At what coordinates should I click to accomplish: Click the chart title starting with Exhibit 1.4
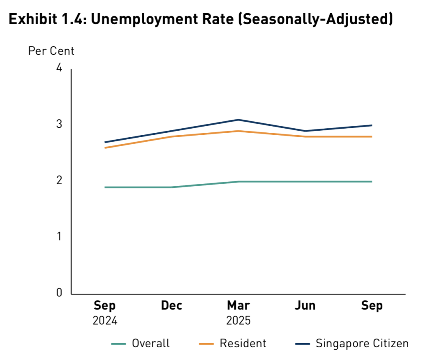(201, 20)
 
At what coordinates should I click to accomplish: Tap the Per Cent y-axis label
(51, 51)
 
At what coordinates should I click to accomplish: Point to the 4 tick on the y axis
(59, 68)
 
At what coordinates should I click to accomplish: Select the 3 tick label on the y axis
(59, 124)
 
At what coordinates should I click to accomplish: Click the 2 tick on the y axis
(59, 180)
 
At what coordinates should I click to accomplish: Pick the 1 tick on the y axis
(59, 237)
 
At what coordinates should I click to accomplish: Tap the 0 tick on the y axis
(59, 293)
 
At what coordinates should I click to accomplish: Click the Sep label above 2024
(105, 306)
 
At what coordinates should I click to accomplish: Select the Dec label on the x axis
(171, 306)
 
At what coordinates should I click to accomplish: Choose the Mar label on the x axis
(238, 306)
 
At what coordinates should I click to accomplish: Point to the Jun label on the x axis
(305, 306)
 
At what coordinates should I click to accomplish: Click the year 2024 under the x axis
(105, 321)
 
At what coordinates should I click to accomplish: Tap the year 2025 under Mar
(238, 321)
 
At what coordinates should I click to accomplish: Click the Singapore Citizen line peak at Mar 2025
(238, 120)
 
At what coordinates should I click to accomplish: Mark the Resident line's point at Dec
(171, 136)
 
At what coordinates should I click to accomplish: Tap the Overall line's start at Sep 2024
(105, 187)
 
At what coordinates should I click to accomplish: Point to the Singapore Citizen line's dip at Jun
(305, 131)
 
